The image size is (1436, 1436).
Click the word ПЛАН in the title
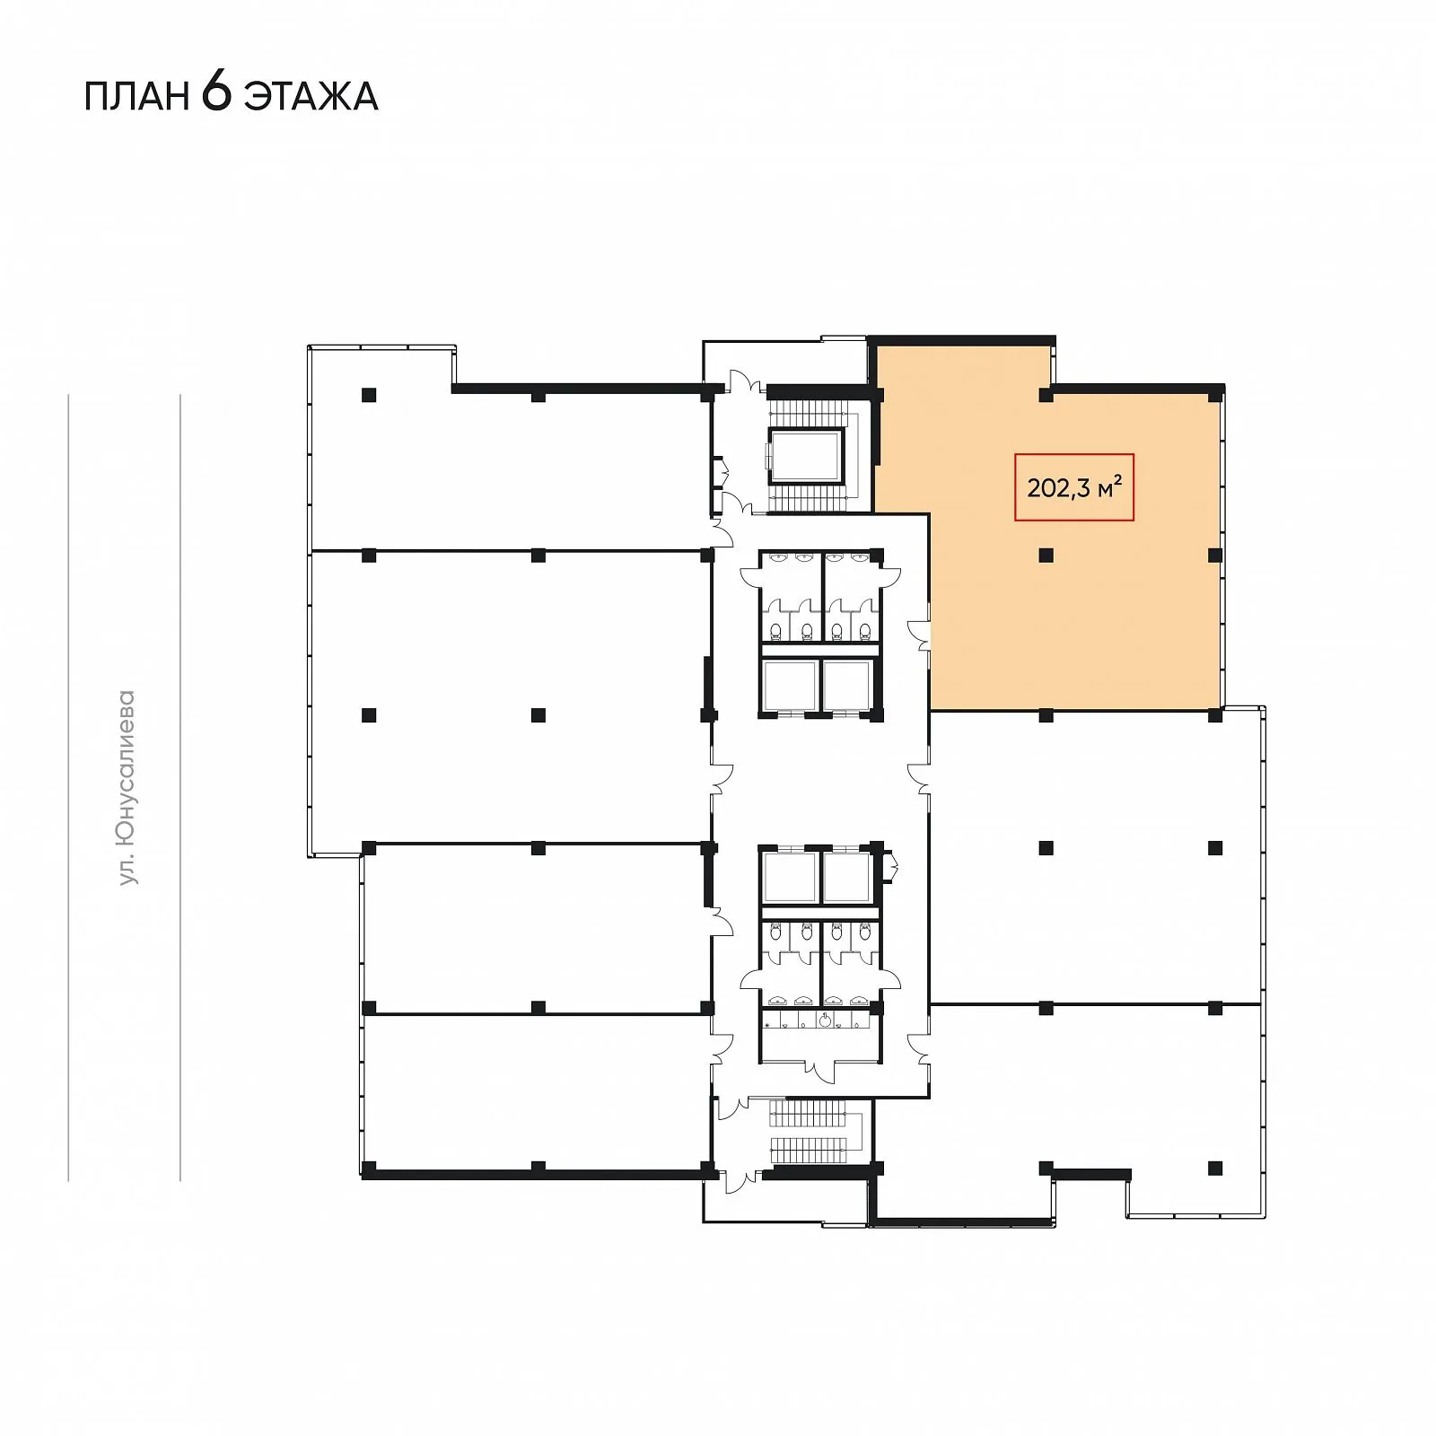point(136,96)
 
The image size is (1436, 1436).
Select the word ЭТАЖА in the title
point(311,96)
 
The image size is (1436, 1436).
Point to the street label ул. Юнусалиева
point(127,787)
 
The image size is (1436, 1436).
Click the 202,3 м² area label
point(1074,487)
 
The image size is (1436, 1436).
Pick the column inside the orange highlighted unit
point(1046,556)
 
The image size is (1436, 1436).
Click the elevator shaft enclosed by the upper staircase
point(805,455)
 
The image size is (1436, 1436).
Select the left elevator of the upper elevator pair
point(790,686)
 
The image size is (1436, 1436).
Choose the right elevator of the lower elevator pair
point(847,877)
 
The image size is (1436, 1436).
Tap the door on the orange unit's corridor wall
point(919,634)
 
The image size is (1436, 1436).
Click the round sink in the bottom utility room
point(825,1019)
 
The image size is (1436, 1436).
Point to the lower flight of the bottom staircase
point(808,1150)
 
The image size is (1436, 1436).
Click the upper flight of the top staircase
point(808,414)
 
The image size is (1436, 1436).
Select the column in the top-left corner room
point(369,395)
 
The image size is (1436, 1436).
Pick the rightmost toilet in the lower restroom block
point(864,933)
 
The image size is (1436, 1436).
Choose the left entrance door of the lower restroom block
point(751,977)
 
